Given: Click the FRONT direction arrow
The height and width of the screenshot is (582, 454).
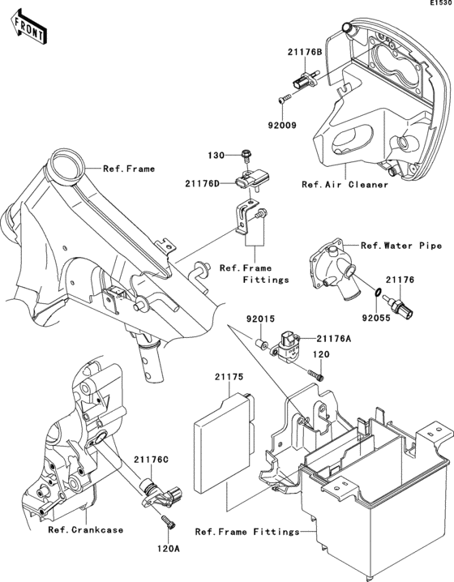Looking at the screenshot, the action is click(x=28, y=28).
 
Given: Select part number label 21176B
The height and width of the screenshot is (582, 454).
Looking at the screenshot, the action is click(x=305, y=52).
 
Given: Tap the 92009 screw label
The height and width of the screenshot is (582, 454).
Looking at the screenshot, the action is click(x=282, y=126).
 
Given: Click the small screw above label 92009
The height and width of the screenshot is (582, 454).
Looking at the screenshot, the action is click(x=285, y=99).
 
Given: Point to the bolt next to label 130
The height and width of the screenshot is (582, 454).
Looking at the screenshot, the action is click(x=246, y=155).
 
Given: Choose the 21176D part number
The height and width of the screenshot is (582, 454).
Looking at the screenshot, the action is click(x=203, y=183).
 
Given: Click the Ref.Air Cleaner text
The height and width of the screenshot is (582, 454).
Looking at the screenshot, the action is click(x=345, y=185).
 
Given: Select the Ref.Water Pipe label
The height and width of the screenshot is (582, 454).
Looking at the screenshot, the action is click(x=401, y=246).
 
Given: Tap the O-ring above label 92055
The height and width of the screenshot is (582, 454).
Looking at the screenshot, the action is click(x=376, y=292).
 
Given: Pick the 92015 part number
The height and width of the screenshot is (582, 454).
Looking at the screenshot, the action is click(x=260, y=319).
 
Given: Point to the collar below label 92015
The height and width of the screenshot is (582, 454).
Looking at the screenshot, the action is click(x=262, y=344).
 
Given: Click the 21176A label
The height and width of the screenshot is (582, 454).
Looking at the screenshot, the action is click(x=334, y=339).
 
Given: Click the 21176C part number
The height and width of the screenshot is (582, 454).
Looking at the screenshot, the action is click(x=151, y=460).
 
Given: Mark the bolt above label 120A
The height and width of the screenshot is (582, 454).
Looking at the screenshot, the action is click(x=168, y=520).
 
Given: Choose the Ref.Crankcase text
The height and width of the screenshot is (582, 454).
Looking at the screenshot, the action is click(x=86, y=529).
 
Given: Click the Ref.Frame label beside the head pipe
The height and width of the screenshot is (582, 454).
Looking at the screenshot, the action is click(x=129, y=169).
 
